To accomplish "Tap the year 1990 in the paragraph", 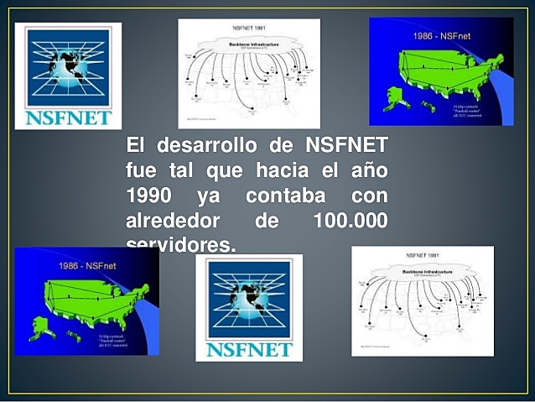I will tap(149, 197).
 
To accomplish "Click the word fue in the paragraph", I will tap(141, 170).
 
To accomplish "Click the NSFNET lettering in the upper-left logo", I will tap(69, 116).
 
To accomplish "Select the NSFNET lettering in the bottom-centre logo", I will tap(249, 348).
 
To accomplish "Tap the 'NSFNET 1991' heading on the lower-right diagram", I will tap(423, 254).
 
